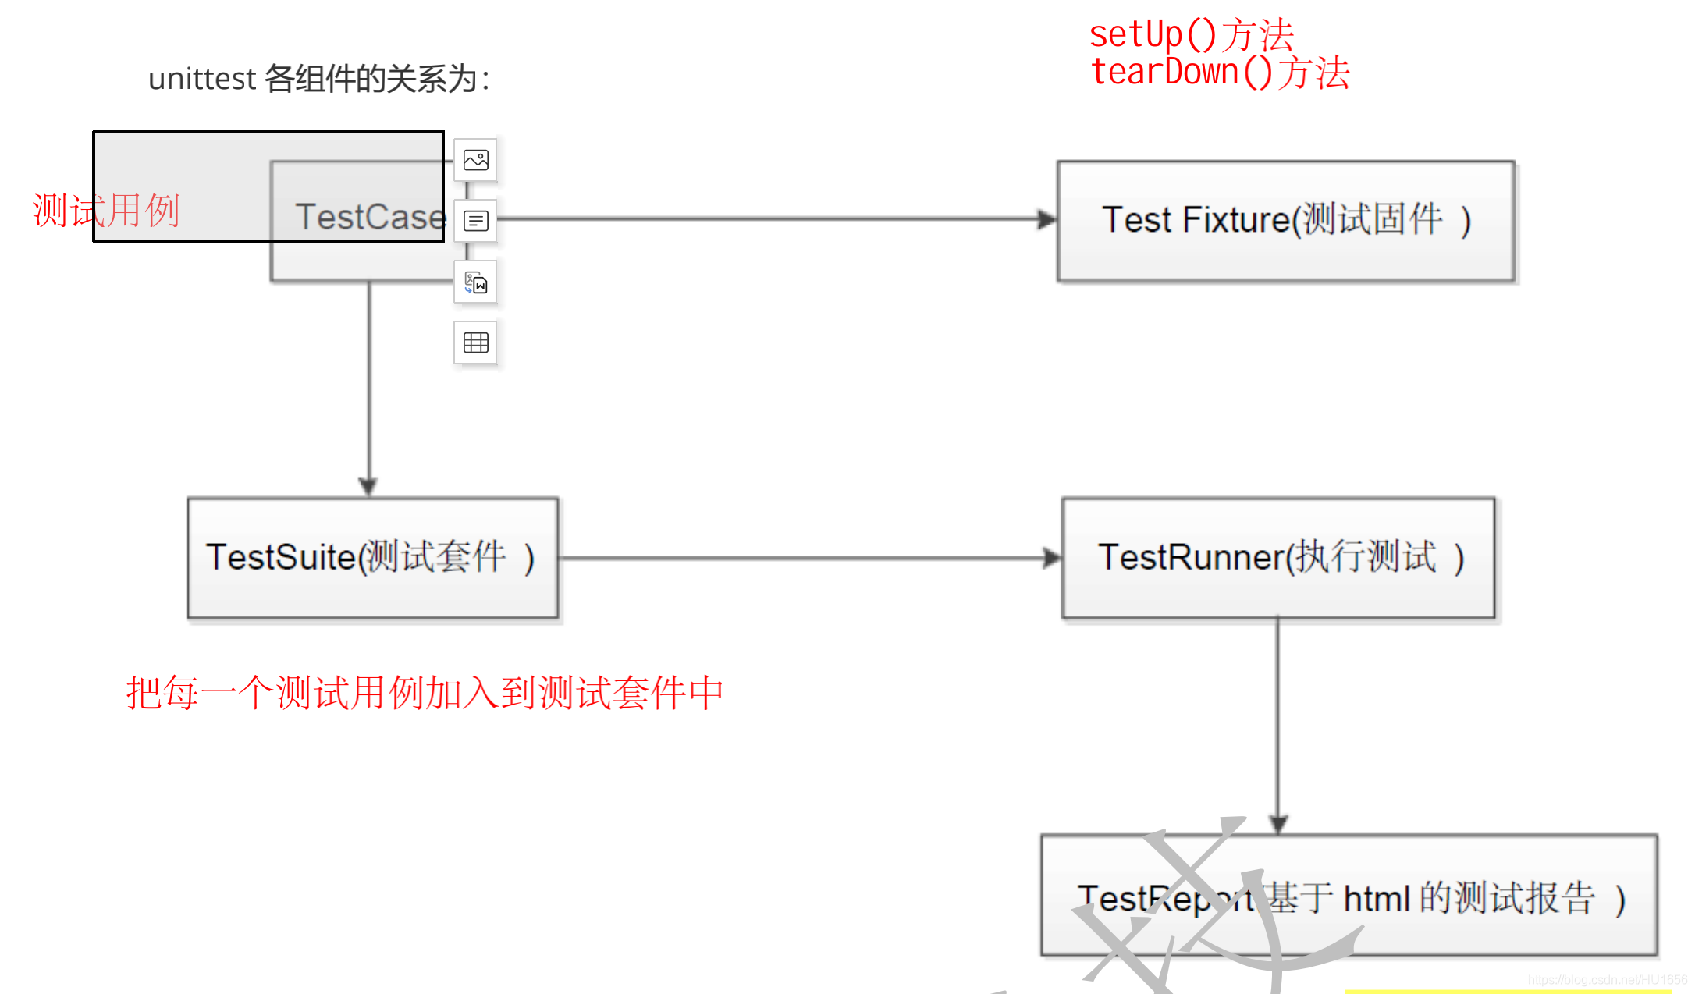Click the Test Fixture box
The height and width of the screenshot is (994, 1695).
click(x=1285, y=221)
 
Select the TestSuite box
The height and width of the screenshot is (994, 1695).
click(x=372, y=558)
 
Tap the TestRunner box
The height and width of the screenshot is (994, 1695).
click(x=1278, y=558)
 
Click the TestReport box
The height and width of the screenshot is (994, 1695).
click(x=1349, y=895)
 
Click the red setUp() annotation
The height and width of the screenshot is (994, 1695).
click(x=1191, y=34)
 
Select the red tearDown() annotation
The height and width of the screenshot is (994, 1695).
click(x=1219, y=72)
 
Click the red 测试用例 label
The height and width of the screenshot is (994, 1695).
click(x=106, y=210)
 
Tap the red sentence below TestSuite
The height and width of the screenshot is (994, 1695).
click(x=425, y=692)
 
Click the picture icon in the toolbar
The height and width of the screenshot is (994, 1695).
click(x=475, y=160)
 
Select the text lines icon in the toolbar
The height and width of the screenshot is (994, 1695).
click(x=475, y=221)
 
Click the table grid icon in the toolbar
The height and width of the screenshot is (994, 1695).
click(x=475, y=343)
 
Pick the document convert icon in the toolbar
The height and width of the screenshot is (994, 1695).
click(x=475, y=282)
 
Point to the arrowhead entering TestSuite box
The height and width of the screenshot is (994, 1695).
click(x=368, y=486)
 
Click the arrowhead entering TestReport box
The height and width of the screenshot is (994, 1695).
click(x=1278, y=824)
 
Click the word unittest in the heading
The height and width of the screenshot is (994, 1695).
click(x=201, y=79)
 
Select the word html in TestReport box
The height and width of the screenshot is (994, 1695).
click(x=1377, y=899)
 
